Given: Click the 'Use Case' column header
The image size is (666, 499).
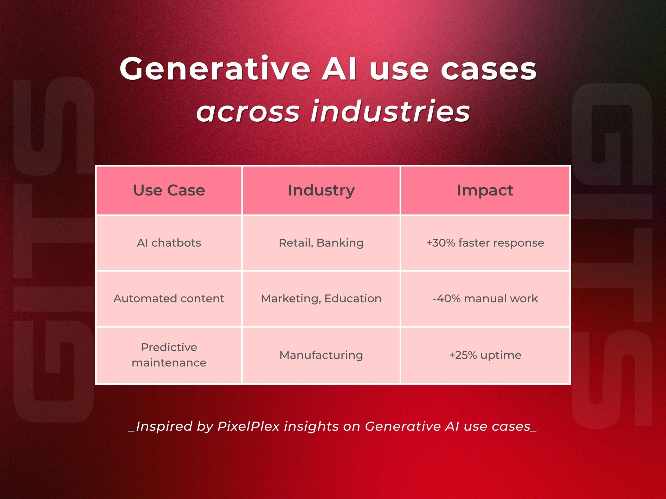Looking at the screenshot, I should [169, 191].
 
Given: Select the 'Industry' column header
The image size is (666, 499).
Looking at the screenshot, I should [321, 191].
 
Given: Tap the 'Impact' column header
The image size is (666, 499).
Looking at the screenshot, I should [485, 191].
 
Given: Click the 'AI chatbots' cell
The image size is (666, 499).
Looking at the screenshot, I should [169, 243].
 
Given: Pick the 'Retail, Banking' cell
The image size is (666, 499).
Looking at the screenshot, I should [321, 243].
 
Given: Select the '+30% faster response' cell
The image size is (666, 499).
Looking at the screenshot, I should [485, 243].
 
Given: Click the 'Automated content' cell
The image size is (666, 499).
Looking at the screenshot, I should [169, 298].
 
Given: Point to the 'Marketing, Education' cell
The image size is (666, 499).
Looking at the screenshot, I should [321, 298].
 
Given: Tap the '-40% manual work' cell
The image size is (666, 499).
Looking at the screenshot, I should [485, 298].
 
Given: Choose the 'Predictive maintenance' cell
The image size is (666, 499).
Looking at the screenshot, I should [169, 355].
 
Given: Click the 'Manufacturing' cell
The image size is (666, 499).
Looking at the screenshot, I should [321, 355].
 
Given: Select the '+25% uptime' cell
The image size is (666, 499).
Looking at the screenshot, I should [485, 355].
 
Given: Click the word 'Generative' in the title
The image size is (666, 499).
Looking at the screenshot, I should [215, 69].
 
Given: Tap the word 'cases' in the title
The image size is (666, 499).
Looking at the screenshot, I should [488, 69].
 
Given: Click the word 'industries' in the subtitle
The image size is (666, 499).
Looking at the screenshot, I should [390, 111].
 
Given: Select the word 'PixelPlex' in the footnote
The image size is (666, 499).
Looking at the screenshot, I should [248, 426].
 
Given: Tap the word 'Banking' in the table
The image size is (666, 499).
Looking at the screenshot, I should [340, 243].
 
